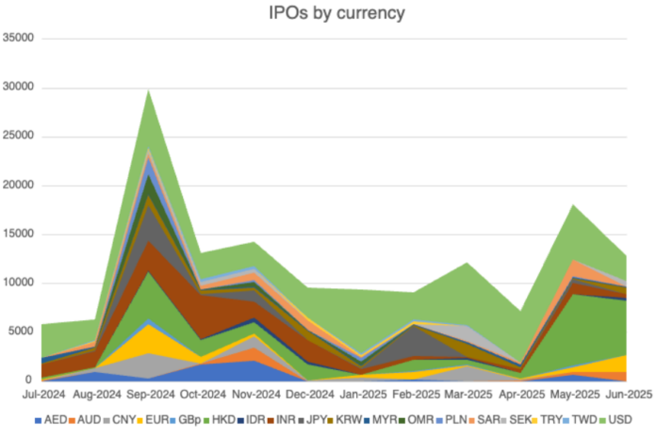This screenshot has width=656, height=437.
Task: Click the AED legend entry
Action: (x=54, y=419)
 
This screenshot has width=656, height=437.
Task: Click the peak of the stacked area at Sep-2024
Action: (x=148, y=89)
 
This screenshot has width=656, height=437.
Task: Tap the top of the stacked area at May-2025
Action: (x=574, y=204)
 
